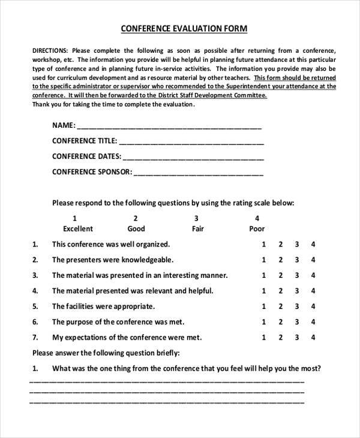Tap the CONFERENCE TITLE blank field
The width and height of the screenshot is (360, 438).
[x=191, y=143]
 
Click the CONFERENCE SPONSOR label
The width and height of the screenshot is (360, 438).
[x=91, y=172]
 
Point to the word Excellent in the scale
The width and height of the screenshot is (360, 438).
[x=78, y=229]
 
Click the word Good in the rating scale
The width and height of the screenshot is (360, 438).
[x=136, y=229]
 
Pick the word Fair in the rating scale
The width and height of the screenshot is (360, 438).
[x=197, y=229]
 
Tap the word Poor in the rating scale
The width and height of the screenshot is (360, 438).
[x=257, y=229]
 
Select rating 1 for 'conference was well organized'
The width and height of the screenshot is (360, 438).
[x=263, y=245]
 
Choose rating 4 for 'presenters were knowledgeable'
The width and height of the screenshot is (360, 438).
[x=313, y=260]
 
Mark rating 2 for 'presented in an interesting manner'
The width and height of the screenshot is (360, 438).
[x=280, y=276]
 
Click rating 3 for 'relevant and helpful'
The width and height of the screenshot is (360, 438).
[x=296, y=291]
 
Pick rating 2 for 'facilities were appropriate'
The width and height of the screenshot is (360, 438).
[x=280, y=307]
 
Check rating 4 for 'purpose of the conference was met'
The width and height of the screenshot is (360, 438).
[x=313, y=322]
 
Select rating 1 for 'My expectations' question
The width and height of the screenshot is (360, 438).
[x=263, y=337]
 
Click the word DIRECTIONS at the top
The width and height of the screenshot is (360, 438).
[x=50, y=51]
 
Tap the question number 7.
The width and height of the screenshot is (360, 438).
[x=35, y=337]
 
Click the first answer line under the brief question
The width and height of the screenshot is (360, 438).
[x=167, y=381]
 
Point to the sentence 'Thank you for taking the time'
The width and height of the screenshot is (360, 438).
[x=113, y=104]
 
